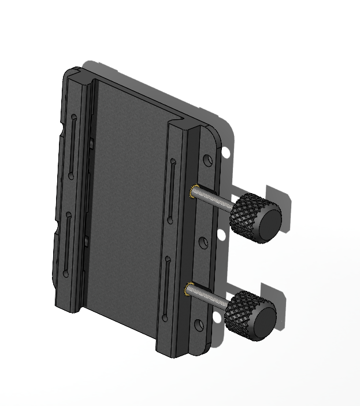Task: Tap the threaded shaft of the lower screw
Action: (x=209, y=295)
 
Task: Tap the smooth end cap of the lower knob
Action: (x=263, y=321)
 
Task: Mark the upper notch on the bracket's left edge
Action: (x=62, y=130)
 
